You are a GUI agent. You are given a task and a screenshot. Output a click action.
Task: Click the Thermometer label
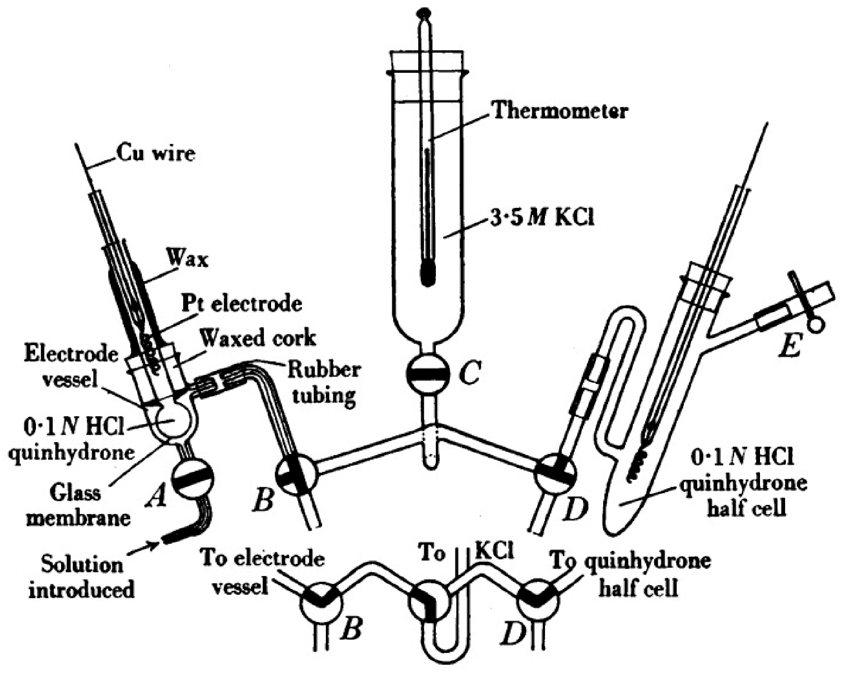[x=559, y=112]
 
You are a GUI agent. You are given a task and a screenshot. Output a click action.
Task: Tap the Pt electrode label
[x=241, y=304]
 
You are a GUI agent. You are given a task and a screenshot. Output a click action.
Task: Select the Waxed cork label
[x=257, y=337]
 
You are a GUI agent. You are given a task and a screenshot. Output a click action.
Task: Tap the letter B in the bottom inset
[x=350, y=628]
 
